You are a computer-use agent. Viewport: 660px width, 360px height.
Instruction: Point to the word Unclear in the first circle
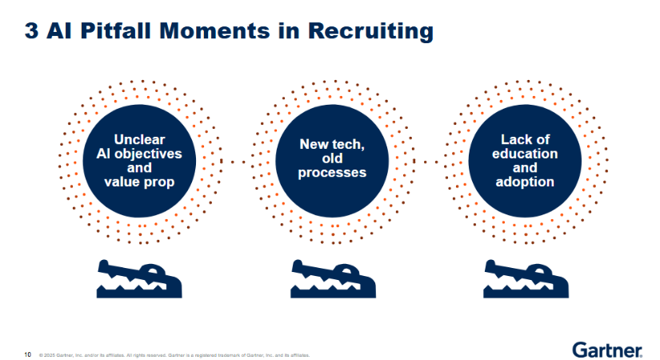(139, 139)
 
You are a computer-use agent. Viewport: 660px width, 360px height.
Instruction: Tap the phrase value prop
(139, 182)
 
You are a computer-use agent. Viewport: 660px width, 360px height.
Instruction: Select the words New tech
(332, 144)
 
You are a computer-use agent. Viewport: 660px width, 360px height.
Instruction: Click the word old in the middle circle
(332, 158)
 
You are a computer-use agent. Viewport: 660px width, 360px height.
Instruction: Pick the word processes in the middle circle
(332, 173)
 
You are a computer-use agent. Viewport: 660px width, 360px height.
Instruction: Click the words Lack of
(525, 139)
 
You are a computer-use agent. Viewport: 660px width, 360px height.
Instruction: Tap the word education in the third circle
(525, 154)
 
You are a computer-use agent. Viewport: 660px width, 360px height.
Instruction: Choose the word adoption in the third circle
(525, 182)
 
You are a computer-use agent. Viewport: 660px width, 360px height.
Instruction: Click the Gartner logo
(607, 350)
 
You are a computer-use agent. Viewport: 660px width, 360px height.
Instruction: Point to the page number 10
(27, 354)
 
